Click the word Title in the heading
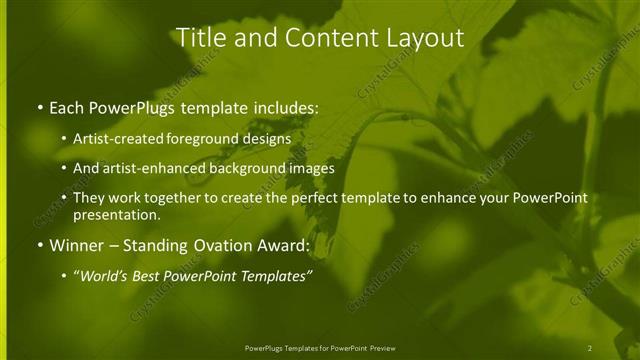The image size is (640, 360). [x=199, y=38]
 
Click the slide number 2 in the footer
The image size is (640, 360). [x=590, y=347]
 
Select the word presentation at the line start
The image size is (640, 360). [x=116, y=214]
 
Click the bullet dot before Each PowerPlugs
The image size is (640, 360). [x=39, y=108]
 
